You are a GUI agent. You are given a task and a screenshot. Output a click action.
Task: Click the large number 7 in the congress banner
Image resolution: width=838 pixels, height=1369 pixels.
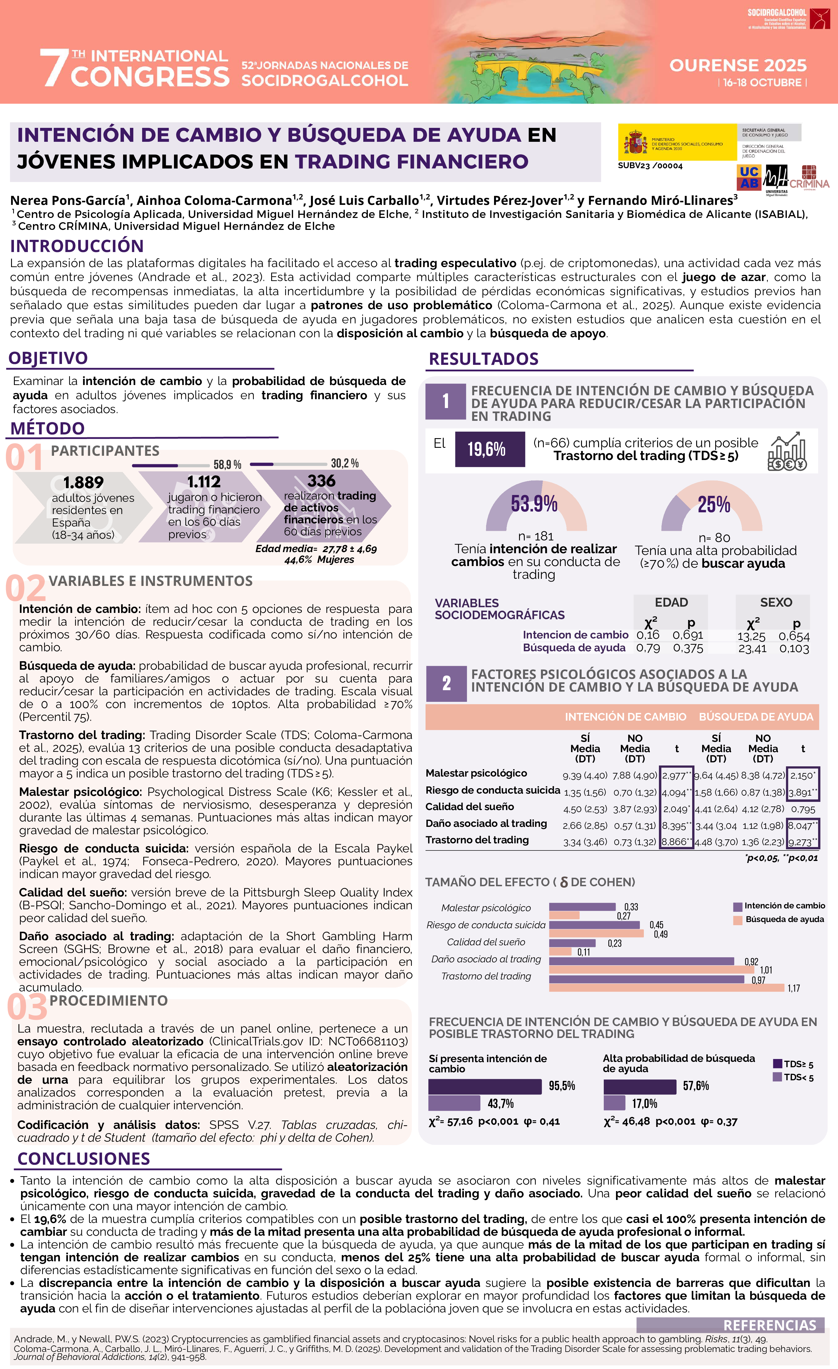click(x=54, y=68)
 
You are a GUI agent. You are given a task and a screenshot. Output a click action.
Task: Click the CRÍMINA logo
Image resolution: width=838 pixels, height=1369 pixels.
click(x=809, y=178)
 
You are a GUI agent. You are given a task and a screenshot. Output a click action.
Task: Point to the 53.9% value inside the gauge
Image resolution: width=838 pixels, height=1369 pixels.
click(x=534, y=504)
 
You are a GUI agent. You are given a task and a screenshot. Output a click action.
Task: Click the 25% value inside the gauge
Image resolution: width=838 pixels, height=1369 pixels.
click(x=713, y=504)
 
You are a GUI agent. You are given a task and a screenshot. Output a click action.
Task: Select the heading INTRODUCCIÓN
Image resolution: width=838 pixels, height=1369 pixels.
click(x=77, y=246)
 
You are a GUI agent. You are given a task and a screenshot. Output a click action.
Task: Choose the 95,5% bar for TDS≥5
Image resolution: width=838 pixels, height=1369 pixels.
click(x=485, y=1086)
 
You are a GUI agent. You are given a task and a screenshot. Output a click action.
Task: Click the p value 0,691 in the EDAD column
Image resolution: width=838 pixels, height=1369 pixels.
click(x=688, y=635)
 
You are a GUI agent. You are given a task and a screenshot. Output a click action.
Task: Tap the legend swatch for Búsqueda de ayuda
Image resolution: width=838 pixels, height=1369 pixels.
click(x=737, y=920)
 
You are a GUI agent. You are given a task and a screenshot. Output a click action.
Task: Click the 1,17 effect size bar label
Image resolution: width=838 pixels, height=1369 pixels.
click(x=794, y=989)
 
